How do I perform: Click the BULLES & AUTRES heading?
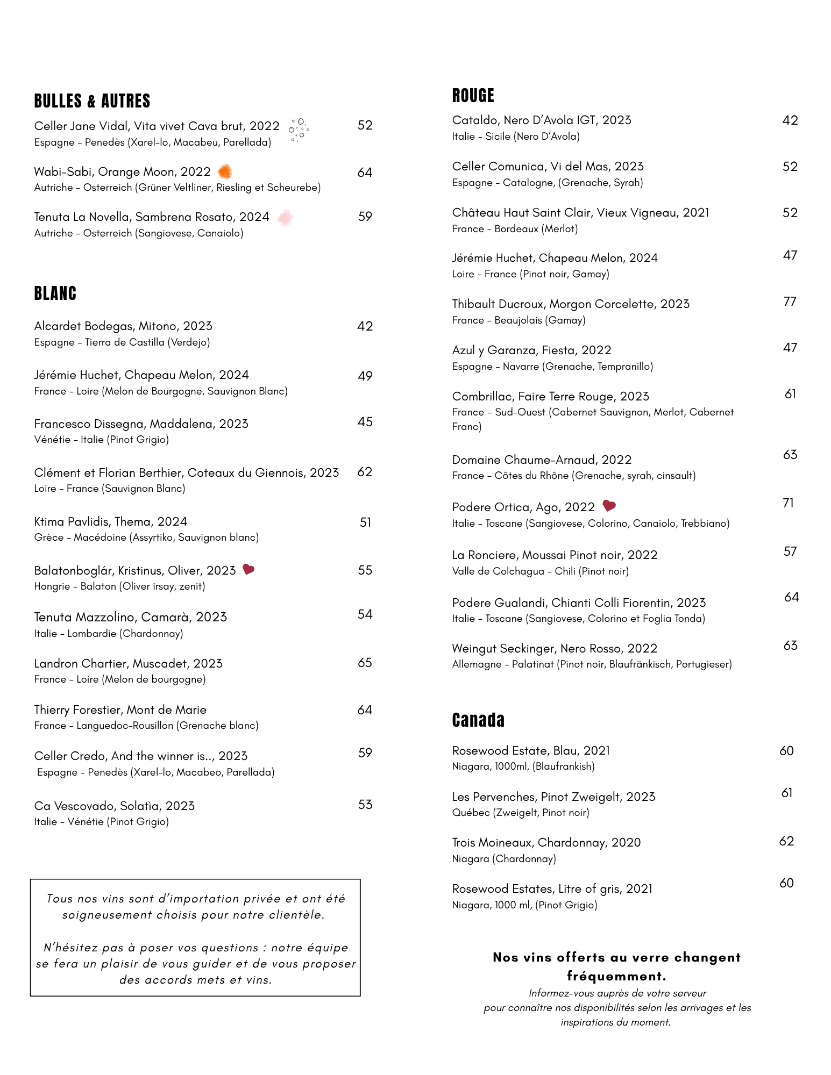click(x=92, y=101)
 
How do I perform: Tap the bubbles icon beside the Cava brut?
click(x=299, y=130)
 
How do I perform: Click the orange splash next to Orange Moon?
click(x=225, y=171)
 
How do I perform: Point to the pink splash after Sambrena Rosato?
click(x=285, y=218)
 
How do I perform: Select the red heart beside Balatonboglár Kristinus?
click(x=248, y=569)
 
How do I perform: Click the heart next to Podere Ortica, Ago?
click(x=609, y=506)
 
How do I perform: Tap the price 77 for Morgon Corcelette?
click(x=790, y=302)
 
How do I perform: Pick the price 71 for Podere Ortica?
click(x=788, y=503)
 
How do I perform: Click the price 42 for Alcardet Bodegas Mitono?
click(x=365, y=326)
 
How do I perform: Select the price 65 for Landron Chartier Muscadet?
click(x=365, y=663)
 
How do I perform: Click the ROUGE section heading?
click(x=473, y=96)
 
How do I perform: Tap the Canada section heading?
click(x=478, y=720)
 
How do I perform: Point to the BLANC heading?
click(x=55, y=293)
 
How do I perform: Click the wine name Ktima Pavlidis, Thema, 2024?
click(x=110, y=521)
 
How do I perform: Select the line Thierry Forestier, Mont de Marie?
click(x=120, y=709)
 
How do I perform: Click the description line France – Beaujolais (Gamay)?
click(x=519, y=320)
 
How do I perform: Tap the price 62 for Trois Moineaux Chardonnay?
click(x=786, y=841)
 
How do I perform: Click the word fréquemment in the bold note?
click(x=616, y=976)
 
